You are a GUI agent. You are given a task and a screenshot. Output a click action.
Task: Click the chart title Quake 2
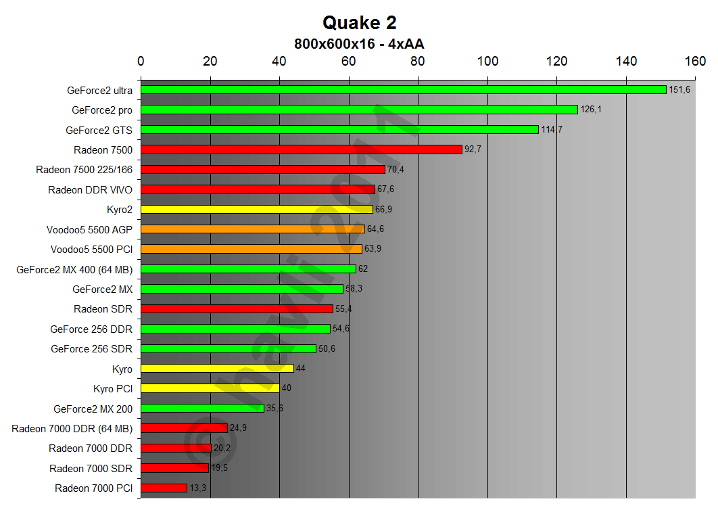(x=359, y=22)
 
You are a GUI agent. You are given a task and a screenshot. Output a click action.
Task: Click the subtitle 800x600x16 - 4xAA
(x=359, y=43)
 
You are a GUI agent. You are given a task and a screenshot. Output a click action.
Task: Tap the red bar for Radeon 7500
(x=301, y=149)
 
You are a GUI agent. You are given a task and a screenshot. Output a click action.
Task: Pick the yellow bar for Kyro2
(x=256, y=209)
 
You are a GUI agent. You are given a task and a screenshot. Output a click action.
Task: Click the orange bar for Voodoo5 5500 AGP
(x=252, y=229)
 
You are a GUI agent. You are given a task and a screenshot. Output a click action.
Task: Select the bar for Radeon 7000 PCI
(x=164, y=488)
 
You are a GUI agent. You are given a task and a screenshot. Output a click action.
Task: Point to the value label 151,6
(x=679, y=90)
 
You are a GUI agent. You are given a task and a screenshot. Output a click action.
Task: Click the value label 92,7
(x=473, y=149)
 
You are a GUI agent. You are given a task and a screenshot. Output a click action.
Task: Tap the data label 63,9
(x=373, y=249)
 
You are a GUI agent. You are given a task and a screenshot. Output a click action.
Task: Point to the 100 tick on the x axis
(x=487, y=62)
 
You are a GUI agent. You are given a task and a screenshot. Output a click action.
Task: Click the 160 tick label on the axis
(x=695, y=62)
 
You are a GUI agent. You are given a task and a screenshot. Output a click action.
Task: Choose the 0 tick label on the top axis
(x=141, y=62)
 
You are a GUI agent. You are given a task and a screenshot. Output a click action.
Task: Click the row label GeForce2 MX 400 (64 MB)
(x=74, y=269)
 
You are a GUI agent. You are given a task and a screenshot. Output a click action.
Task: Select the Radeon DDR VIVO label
(x=90, y=189)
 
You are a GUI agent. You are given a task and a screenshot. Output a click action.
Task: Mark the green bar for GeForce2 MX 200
(x=202, y=408)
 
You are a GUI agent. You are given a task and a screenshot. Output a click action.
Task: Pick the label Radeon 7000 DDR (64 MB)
(x=72, y=428)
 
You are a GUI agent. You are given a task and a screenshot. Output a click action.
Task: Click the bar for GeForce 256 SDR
(x=228, y=348)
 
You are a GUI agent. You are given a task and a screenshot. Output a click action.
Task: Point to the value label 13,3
(x=196, y=488)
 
